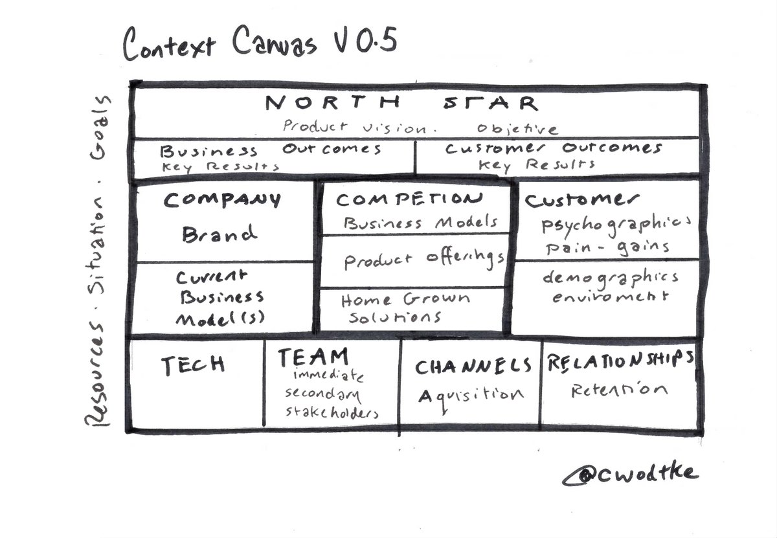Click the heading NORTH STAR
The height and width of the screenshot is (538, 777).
pos(401,104)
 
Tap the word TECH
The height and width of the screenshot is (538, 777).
pos(193,365)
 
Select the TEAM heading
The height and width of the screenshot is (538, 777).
pos(313,357)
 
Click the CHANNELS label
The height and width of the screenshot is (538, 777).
pos(473,367)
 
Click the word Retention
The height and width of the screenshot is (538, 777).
pos(619,390)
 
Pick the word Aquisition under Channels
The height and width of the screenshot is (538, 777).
pos(471,395)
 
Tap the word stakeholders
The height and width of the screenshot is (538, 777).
pos(332,412)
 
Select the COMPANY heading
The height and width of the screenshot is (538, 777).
pos(222,200)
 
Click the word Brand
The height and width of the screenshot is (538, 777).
pos(220,233)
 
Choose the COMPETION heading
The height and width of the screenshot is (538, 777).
pos(410,199)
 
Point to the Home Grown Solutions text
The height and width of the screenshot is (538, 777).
pos(405,308)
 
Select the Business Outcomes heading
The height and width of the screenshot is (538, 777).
pos(270,150)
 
